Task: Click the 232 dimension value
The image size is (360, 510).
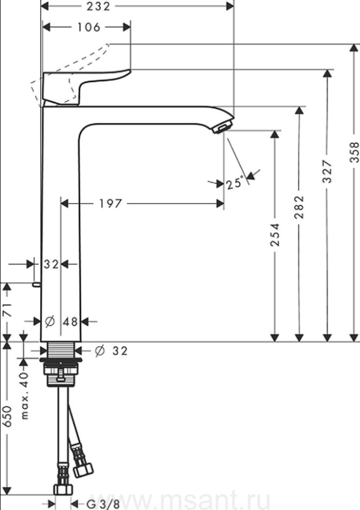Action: (x=99, y=6)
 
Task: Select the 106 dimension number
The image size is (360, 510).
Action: (x=88, y=27)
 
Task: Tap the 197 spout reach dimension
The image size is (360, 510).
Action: (x=111, y=204)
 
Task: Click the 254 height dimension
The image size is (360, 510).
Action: (x=275, y=234)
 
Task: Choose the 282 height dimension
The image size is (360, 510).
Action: (x=299, y=207)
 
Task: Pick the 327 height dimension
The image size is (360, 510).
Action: (x=327, y=171)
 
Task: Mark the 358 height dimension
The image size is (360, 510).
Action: (x=354, y=152)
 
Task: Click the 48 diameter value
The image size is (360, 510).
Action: (x=70, y=322)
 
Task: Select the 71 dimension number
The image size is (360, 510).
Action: (x=7, y=310)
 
